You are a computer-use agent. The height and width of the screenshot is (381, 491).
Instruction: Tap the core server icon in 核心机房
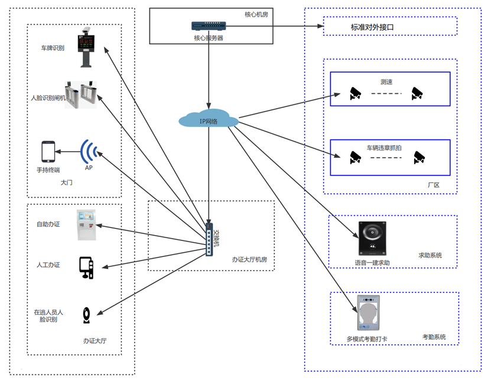208,26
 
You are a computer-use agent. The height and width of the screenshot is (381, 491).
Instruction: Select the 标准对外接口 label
372,27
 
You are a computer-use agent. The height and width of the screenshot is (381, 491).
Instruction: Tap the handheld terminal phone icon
48,152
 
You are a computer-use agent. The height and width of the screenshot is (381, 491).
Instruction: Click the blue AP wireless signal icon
88,152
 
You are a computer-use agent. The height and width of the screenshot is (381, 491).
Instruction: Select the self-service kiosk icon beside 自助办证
86,224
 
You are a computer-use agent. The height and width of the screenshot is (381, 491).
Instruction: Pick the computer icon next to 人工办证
86,267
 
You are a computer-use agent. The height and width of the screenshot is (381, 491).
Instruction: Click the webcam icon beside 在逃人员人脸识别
87,315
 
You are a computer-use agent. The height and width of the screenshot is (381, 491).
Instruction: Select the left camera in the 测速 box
355,92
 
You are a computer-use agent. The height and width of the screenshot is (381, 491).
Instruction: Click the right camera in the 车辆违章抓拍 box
419,157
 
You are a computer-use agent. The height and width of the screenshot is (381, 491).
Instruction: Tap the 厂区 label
434,185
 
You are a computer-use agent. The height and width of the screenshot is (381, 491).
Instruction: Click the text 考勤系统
434,337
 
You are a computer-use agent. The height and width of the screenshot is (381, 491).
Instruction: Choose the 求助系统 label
430,256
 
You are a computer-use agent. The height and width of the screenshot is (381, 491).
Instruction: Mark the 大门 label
66,183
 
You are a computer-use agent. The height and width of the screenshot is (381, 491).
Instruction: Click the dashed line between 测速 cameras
386,93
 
